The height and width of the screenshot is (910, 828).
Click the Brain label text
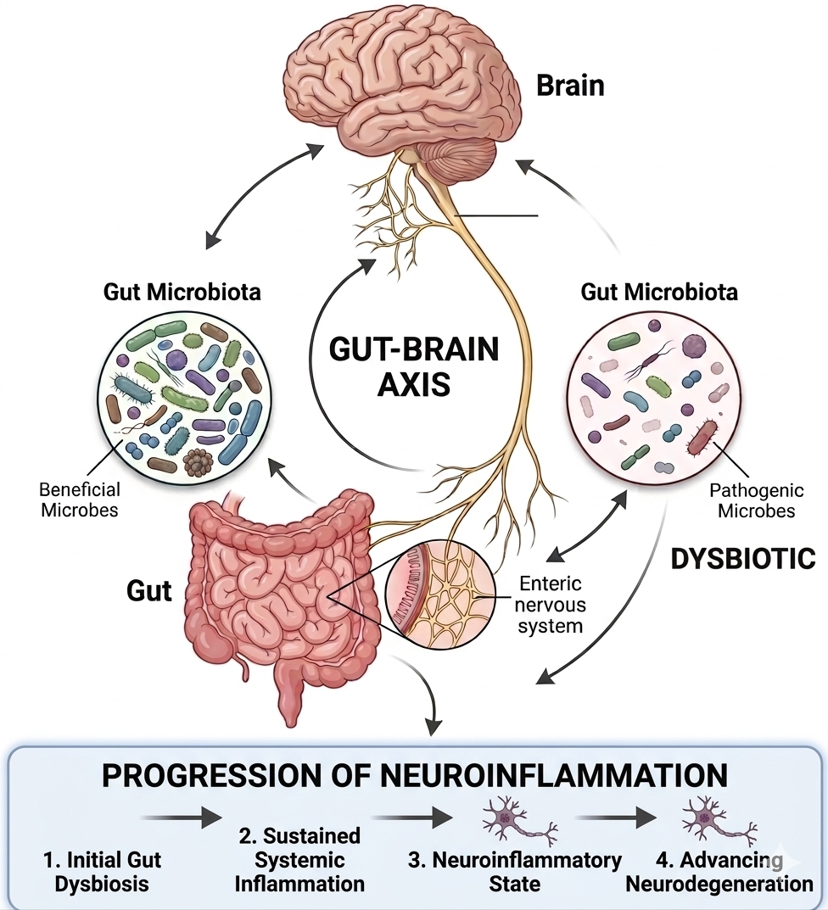click(570, 86)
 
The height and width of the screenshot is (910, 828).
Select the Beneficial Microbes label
click(80, 500)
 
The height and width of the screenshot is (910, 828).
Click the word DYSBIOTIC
click(742, 559)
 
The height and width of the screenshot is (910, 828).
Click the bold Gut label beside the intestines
click(149, 590)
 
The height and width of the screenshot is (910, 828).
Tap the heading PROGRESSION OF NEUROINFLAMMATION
click(414, 776)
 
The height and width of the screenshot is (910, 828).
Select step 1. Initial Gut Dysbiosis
click(102, 872)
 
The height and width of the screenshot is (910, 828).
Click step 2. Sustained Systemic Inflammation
click(299, 860)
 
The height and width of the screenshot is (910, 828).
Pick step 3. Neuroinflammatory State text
click(515, 872)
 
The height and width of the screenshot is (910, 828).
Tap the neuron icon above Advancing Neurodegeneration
click(719, 820)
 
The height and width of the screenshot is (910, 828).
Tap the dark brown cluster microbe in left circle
click(199, 461)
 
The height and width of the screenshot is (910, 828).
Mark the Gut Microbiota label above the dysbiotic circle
click(659, 293)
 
